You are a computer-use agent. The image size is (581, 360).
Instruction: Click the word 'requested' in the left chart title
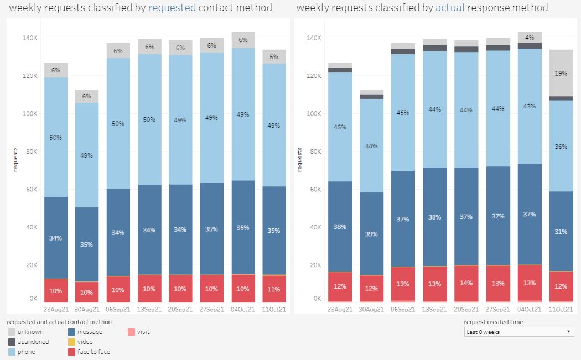click(172, 8)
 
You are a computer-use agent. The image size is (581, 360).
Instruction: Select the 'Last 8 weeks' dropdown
click(519, 332)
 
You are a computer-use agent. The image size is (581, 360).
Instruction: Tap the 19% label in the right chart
click(561, 73)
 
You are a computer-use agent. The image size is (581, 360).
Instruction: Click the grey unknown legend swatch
click(12, 332)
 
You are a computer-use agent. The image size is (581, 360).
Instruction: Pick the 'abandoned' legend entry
click(33, 342)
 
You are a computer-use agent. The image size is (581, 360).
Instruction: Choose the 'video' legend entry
click(85, 342)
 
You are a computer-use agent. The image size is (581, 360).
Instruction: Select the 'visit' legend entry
click(143, 332)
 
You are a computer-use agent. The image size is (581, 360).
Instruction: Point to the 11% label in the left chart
click(274, 289)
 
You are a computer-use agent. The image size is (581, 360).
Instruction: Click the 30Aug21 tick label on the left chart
click(87, 309)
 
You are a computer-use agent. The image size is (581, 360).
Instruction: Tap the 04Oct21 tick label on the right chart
click(529, 309)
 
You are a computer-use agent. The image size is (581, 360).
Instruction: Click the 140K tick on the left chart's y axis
click(29, 38)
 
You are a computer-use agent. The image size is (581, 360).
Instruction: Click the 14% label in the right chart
click(466, 283)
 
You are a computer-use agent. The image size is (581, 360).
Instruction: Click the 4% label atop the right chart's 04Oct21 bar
click(530, 38)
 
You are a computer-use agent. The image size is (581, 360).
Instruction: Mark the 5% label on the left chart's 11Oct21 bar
click(274, 56)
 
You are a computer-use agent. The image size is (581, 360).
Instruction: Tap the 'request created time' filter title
click(493, 322)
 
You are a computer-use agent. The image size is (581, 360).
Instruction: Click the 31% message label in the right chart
click(561, 232)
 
